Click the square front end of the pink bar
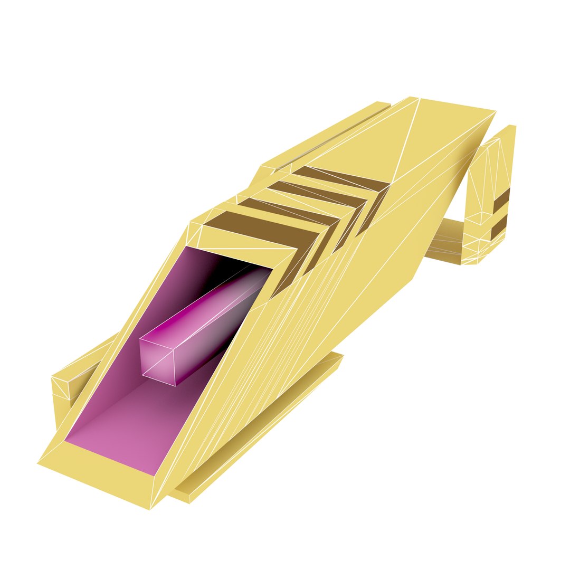click(x=157, y=360)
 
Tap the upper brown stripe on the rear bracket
click(x=501, y=199)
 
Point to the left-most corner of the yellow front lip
click(x=37, y=463)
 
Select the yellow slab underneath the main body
click(x=264, y=433)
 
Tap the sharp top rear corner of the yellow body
click(x=495, y=111)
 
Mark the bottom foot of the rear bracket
click(x=470, y=260)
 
